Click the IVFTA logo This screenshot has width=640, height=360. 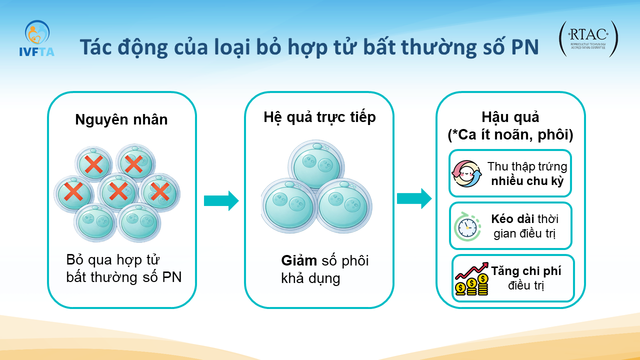click(x=37, y=38)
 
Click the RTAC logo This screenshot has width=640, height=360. click(x=588, y=39)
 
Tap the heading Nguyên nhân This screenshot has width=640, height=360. click(x=121, y=119)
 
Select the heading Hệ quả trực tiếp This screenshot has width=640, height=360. click(x=319, y=117)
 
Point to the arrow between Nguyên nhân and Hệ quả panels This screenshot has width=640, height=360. click(x=221, y=201)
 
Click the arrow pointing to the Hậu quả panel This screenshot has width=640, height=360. click(x=414, y=198)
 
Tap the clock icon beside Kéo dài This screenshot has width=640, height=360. click(x=467, y=227)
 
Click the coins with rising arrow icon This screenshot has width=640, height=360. click(x=471, y=279)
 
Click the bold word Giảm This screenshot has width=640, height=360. click(x=299, y=260)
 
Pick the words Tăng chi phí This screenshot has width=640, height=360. click(x=526, y=271)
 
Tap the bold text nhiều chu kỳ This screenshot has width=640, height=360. click(x=527, y=181)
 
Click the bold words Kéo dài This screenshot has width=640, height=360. click(x=512, y=219)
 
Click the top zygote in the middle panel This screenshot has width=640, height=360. click(x=316, y=165)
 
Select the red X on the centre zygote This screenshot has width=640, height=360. click(x=118, y=191)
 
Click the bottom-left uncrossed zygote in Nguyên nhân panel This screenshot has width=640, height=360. click(x=95, y=223)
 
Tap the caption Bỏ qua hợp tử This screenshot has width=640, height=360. click(x=112, y=259)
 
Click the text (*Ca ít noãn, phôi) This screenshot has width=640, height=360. click(x=510, y=135)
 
